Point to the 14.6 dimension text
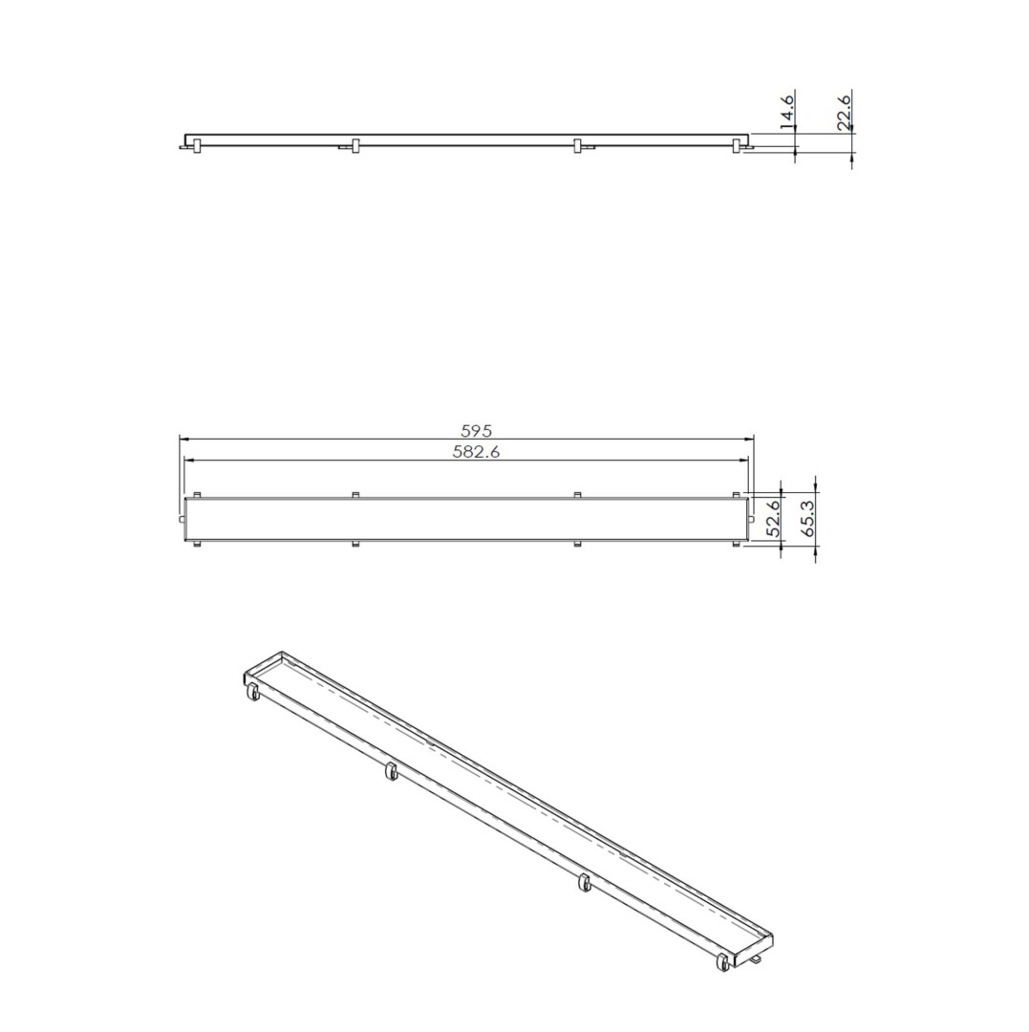[786, 110]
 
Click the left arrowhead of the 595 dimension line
[183, 439]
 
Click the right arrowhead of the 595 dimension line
[749, 439]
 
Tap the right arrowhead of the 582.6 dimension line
[745, 460]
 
